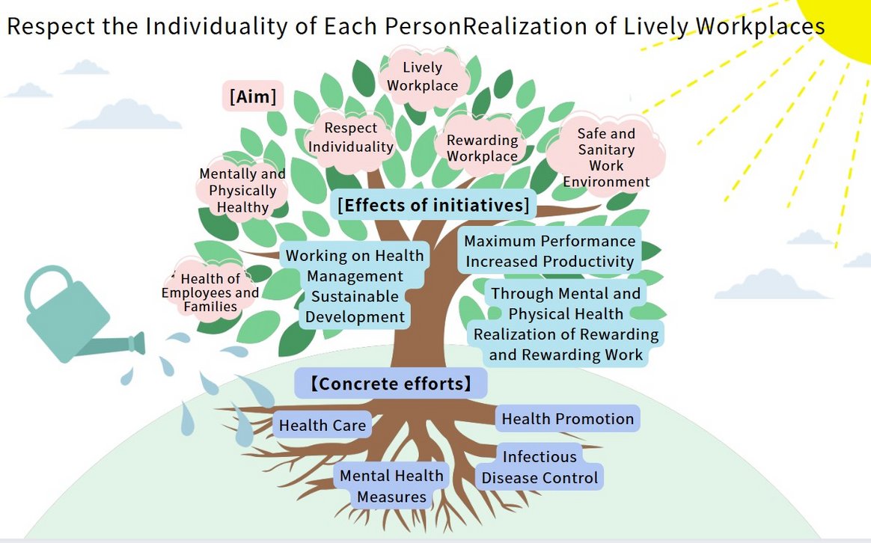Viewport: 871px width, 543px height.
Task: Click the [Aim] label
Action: pyautogui.click(x=252, y=96)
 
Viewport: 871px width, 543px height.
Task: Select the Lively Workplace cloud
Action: pyautogui.click(x=423, y=77)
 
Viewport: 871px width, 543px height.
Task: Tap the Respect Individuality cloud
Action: pyautogui.click(x=351, y=138)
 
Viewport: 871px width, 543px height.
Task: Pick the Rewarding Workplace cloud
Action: pyautogui.click(x=483, y=148)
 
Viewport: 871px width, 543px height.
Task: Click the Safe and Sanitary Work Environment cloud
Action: pyautogui.click(x=606, y=157)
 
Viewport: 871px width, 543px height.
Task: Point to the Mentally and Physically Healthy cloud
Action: pyautogui.click(x=242, y=190)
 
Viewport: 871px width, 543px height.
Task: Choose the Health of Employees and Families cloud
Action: pyautogui.click(x=210, y=292)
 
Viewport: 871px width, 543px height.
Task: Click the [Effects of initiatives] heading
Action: pyautogui.click(x=433, y=205)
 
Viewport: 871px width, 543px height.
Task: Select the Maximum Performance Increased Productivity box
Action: pyautogui.click(x=550, y=251)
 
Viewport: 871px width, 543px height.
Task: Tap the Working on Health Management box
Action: pyautogui.click(x=355, y=286)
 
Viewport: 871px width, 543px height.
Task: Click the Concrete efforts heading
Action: pyautogui.click(x=391, y=384)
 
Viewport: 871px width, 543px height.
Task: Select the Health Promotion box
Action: pyautogui.click(x=567, y=419)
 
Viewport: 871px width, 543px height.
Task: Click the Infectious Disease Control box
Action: pyautogui.click(x=540, y=467)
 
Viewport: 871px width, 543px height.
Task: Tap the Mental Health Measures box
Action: pyautogui.click(x=391, y=486)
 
